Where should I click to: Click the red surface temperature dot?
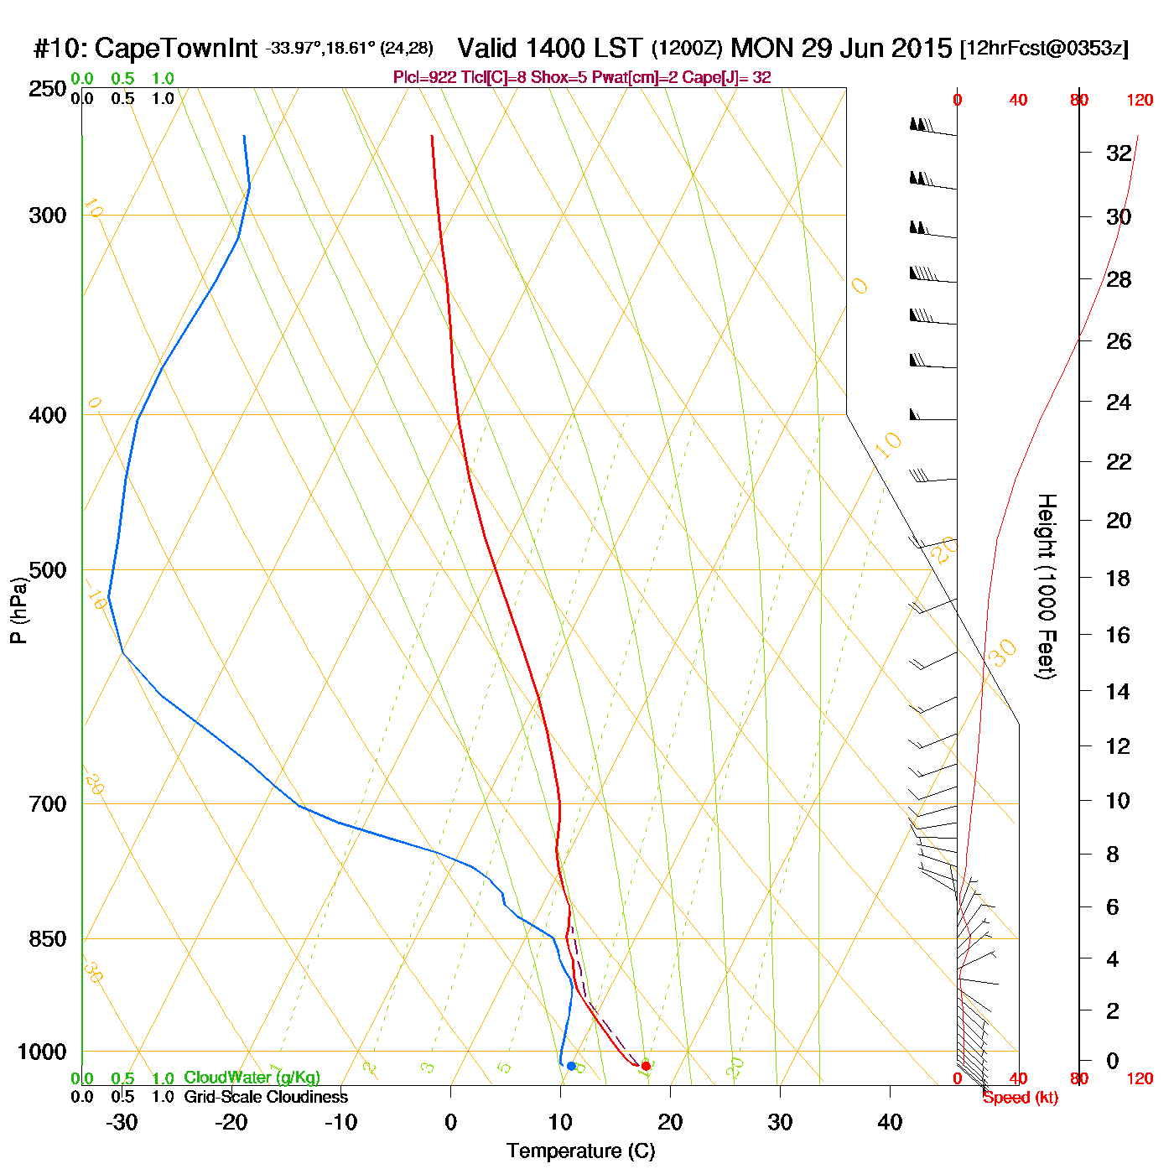[x=646, y=1066]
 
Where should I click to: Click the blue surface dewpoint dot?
[x=571, y=1066]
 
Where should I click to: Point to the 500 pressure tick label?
[x=48, y=570]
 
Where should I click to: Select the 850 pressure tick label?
[x=48, y=939]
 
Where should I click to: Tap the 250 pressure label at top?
[x=48, y=89]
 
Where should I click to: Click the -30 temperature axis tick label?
[x=122, y=1122]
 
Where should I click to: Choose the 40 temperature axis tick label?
[x=890, y=1122]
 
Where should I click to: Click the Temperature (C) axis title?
[x=580, y=1151]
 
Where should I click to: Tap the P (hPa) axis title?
[x=18, y=610]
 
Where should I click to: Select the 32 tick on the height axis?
[x=1119, y=153]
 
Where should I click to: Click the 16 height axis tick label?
[x=1118, y=635]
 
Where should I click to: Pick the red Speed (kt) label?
[x=1020, y=1098]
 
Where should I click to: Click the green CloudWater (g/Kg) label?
[x=252, y=1078]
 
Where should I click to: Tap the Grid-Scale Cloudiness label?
[x=266, y=1097]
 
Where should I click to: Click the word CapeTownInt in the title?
[x=176, y=49]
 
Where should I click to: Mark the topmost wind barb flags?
[x=920, y=125]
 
